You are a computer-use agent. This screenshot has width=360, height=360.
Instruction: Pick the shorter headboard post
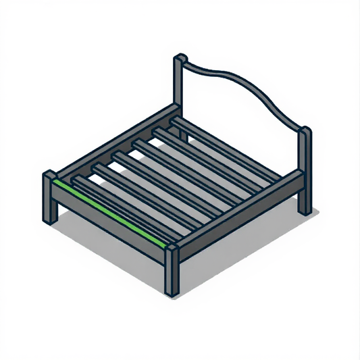306,169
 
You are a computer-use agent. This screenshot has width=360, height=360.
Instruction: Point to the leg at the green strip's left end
49,203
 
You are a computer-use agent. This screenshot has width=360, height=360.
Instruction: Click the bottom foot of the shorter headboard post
307,208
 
